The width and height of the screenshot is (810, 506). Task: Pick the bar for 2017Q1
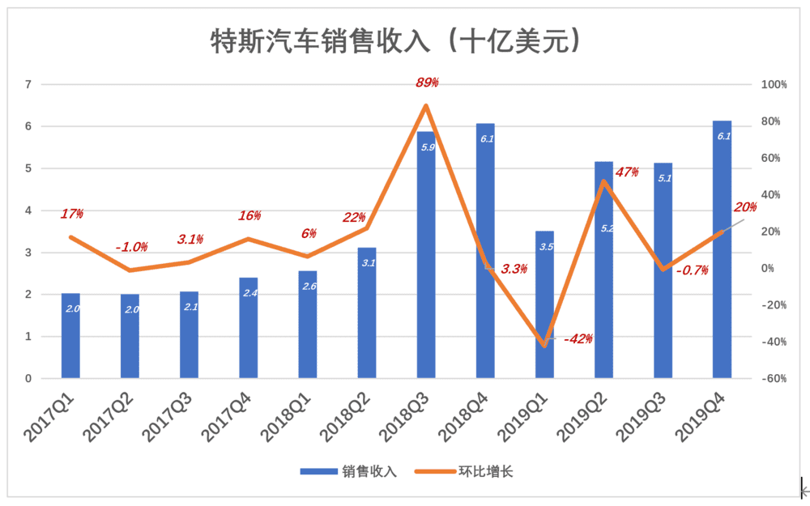71,336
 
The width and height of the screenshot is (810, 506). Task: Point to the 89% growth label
427,83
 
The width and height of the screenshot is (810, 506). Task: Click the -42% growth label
578,338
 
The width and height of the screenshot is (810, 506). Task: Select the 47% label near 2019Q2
627,172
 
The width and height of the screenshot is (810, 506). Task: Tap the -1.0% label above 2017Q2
131,247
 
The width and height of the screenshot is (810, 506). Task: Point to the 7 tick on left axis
28,84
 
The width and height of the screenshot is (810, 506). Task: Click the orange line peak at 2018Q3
426,106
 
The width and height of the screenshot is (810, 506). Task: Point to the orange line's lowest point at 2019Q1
544,345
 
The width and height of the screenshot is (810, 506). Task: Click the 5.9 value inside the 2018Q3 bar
428,147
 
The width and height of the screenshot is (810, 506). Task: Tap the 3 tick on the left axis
28,253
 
